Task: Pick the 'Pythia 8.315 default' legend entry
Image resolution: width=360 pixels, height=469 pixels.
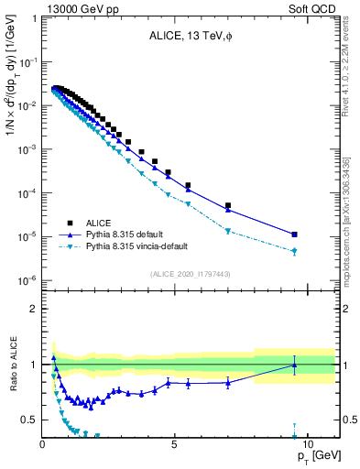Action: [x=133, y=234]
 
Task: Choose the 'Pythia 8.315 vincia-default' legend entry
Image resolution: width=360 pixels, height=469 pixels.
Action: [x=147, y=247]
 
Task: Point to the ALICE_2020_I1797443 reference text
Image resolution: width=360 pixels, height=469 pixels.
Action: [x=190, y=274]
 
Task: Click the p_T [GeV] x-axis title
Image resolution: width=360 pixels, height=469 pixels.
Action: [x=316, y=456]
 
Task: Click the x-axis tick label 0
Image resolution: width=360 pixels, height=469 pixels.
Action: [x=42, y=443]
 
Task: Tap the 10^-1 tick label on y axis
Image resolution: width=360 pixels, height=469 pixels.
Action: [x=26, y=61]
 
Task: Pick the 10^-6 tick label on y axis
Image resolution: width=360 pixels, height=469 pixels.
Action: [x=26, y=280]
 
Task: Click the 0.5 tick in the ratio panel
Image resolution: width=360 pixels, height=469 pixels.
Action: [x=28, y=420]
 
